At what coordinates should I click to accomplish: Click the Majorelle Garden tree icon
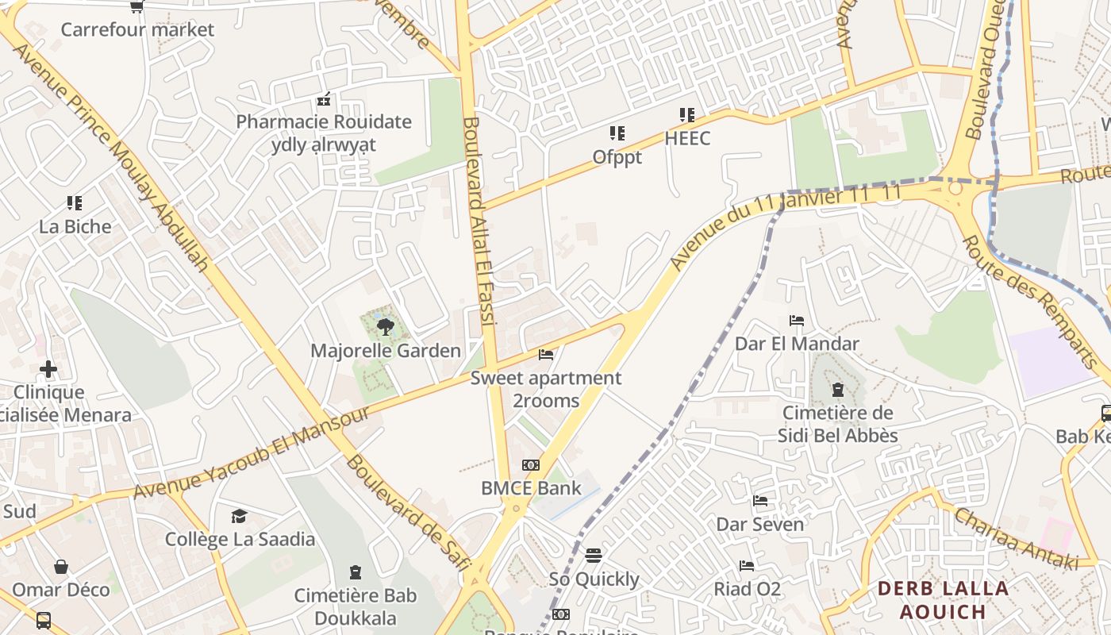[385, 326]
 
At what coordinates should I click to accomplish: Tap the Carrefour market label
[137, 30]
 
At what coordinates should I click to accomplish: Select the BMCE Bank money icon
[531, 465]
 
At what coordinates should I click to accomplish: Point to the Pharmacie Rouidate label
[324, 122]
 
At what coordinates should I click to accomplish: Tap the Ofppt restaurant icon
[617, 133]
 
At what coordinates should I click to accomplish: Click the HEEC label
[687, 139]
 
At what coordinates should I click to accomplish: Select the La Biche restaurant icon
[75, 203]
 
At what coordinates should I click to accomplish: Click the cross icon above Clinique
[48, 369]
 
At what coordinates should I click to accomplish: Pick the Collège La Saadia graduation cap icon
[239, 517]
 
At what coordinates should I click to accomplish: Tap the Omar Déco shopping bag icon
[61, 567]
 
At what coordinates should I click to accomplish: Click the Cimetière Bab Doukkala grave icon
[356, 572]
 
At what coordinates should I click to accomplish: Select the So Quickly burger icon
[594, 556]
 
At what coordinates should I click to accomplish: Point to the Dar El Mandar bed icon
[797, 321]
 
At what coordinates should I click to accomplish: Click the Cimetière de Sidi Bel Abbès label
[837, 425]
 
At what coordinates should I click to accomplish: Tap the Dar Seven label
[759, 525]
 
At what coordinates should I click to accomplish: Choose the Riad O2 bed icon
[747, 566]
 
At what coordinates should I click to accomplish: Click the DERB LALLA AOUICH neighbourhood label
[944, 600]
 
